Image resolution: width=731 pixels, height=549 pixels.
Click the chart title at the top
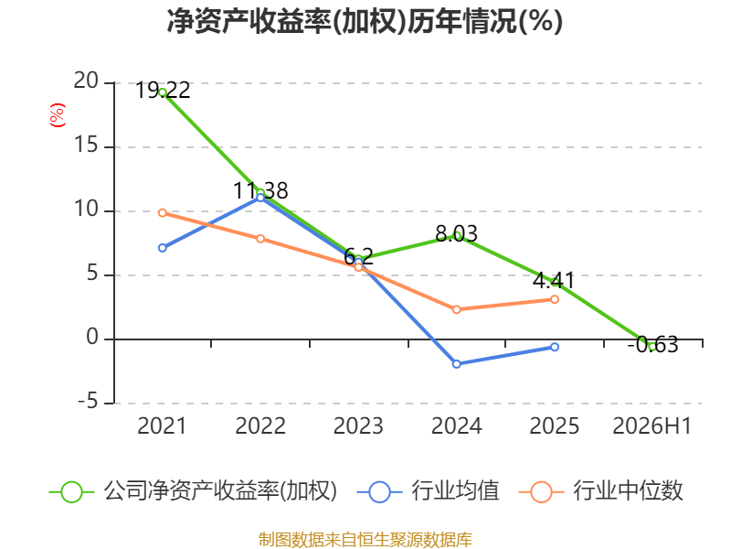coord(365,21)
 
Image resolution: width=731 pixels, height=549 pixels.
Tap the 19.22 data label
coord(163,90)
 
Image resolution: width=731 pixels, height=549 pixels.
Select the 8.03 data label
coord(456,233)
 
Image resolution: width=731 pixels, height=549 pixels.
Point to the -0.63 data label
coord(652,345)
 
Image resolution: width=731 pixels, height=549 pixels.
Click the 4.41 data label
coord(554,281)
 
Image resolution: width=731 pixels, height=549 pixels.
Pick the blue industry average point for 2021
coord(163,248)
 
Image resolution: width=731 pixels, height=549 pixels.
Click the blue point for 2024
coord(456,363)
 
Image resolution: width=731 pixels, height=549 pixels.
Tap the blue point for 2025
coord(555,347)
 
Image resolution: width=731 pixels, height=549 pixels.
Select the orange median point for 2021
coord(163,213)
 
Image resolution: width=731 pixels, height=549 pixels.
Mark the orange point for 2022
coord(260,239)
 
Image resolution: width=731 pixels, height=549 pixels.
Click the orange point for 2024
coord(456,309)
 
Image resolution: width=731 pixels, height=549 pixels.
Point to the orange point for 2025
coord(555,299)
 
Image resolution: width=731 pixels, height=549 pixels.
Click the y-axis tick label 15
coord(86,145)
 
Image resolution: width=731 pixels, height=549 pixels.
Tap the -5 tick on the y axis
coord(88,402)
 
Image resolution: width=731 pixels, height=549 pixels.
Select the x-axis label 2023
coord(358,425)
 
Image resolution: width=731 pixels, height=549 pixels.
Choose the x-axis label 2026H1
coord(652,425)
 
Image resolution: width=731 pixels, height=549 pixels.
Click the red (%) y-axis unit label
coord(58,115)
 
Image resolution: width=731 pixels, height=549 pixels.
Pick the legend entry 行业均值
coord(428,491)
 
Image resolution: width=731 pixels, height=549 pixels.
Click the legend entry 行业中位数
coord(600,491)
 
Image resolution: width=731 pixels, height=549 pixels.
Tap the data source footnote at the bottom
coord(365,540)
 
